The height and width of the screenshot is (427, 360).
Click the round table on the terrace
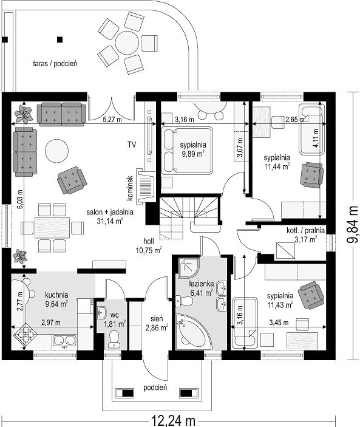127,43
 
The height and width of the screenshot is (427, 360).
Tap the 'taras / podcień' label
55,64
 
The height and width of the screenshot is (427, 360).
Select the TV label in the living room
132,145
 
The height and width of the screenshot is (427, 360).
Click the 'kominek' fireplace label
130,188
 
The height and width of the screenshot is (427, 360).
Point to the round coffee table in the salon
56,151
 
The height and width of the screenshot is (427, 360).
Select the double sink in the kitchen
64,341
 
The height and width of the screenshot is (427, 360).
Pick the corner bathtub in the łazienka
192,332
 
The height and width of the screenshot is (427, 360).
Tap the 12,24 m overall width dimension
173,421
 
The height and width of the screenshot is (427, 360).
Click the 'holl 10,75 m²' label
149,246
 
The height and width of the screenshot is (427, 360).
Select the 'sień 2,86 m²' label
157,323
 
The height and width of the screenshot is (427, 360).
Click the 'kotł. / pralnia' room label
305,231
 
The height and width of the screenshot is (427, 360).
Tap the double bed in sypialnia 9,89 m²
186,150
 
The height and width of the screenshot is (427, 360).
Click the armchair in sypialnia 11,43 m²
311,296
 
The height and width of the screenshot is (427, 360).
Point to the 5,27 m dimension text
112,120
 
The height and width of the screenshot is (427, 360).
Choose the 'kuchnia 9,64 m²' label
57,299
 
